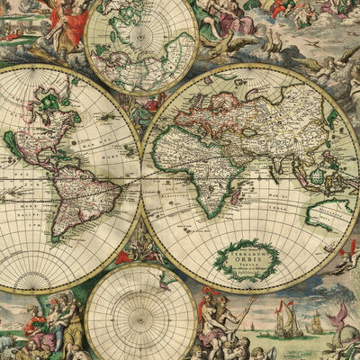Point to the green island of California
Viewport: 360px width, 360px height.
click(13, 144)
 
